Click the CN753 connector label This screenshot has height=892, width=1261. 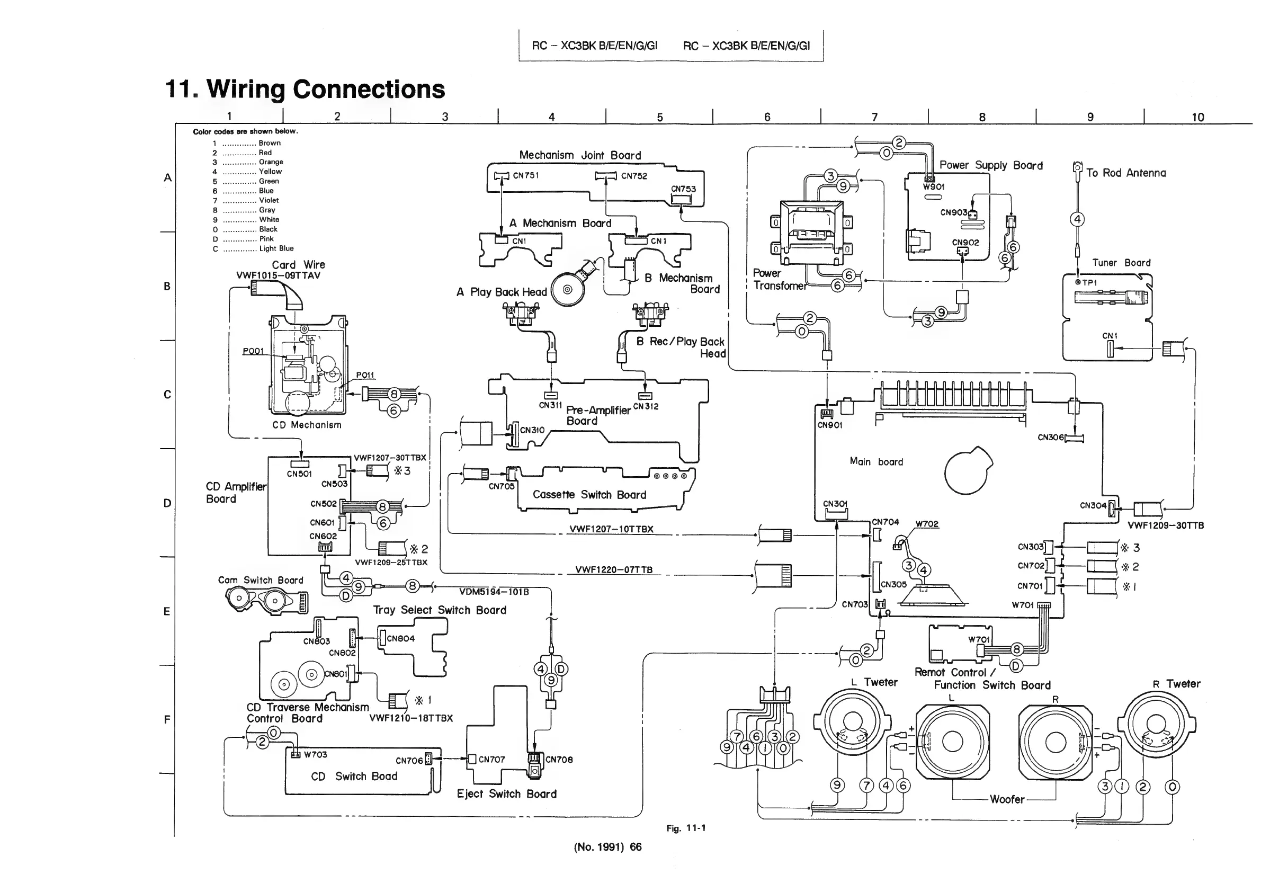683,189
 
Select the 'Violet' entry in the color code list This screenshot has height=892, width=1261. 269,200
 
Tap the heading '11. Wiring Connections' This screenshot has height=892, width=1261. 305,89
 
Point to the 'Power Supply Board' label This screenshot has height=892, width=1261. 991,165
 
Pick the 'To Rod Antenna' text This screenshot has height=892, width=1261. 1126,173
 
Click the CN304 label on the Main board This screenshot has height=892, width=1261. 1093,505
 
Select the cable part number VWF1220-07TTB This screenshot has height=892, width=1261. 613,570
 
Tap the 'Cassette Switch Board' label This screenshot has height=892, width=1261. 589,495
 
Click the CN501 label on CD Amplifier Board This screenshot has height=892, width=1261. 299,474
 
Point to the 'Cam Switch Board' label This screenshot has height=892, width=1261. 261,580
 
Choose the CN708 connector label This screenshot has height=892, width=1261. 559,760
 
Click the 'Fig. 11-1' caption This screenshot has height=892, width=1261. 686,828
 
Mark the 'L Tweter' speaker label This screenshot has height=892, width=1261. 874,682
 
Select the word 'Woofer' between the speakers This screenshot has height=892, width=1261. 1007,800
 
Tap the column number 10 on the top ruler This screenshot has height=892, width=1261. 1197,117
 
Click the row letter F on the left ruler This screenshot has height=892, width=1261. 167,719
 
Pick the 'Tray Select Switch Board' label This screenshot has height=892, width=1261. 440,610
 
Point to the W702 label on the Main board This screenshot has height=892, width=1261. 927,524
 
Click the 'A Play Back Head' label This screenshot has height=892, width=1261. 502,292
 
